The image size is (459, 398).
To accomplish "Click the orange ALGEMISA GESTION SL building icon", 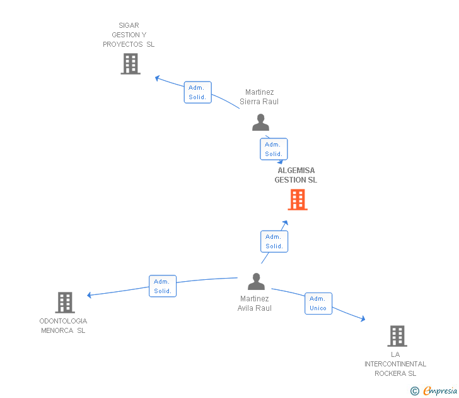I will pyautogui.click(x=298, y=200).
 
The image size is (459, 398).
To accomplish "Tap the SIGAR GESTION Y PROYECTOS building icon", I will pyautogui.click(x=131, y=64).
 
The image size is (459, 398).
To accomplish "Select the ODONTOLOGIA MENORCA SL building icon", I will pyautogui.click(x=65, y=303).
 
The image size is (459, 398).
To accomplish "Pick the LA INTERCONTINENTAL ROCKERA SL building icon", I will pyautogui.click(x=397, y=336).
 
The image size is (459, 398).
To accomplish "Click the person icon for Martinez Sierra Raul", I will pyautogui.click(x=260, y=122).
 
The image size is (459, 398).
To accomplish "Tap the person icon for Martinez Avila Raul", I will pyautogui.click(x=256, y=281).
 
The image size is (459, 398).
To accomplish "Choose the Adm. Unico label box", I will pyautogui.click(x=318, y=303).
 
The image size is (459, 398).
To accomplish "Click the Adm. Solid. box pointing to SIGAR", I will pyautogui.click(x=198, y=92).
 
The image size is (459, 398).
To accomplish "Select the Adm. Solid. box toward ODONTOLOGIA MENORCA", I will pyautogui.click(x=163, y=286).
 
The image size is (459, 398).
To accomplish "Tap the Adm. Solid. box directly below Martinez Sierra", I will pyautogui.click(x=274, y=149).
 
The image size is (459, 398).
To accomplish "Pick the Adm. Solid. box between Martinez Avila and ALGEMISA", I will pyautogui.click(x=274, y=241).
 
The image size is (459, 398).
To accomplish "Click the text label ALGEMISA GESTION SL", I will pyautogui.click(x=296, y=175).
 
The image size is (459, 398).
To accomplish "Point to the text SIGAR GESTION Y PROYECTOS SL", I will pyautogui.click(x=129, y=35).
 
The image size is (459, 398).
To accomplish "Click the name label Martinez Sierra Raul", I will pyautogui.click(x=259, y=97).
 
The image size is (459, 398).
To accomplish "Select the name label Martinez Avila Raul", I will pyautogui.click(x=255, y=303).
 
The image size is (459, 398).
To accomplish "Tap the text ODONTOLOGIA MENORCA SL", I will pyautogui.click(x=63, y=325).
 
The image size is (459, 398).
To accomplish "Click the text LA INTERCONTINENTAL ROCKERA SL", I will pyautogui.click(x=395, y=364).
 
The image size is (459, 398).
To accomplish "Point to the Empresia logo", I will pyautogui.click(x=436, y=390).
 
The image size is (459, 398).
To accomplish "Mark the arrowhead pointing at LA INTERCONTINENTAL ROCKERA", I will pyautogui.click(x=363, y=319).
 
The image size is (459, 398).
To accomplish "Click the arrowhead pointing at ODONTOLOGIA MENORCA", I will pyautogui.click(x=90, y=295).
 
